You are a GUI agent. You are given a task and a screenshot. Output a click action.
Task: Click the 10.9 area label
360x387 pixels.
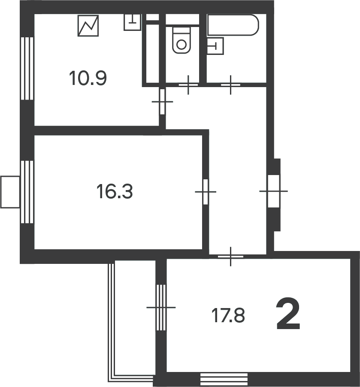tap(88, 78)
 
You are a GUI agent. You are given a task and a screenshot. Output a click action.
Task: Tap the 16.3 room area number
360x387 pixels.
tap(115, 191)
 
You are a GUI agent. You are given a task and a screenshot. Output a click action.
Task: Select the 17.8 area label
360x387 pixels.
tap(228, 315)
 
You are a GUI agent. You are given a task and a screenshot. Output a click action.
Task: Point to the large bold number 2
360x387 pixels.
tap(288, 314)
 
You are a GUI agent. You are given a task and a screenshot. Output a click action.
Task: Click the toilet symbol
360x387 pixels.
tap(182, 40)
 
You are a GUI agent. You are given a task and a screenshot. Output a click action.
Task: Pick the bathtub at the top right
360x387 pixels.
tap(233, 25)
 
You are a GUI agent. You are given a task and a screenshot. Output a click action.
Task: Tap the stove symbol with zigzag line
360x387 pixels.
tap(88, 26)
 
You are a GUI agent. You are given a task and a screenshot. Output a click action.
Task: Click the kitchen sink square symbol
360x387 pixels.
tap(132, 22)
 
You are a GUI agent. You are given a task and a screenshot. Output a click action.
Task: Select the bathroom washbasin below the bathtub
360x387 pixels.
tap(215, 46)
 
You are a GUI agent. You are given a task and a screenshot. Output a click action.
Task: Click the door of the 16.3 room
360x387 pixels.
tap(206, 192)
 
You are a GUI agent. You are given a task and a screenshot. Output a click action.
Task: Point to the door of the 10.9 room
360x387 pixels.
tap(162, 102)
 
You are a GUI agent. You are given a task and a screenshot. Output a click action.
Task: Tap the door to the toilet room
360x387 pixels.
tap(188, 85)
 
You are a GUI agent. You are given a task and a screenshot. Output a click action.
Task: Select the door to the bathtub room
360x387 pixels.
tap(230, 85)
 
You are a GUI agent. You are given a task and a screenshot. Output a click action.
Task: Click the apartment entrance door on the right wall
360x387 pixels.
tap(274, 191)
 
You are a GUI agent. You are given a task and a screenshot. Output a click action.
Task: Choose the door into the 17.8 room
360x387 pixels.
tap(230, 257)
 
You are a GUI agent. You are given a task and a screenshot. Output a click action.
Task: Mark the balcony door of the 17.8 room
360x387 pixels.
tap(161, 308)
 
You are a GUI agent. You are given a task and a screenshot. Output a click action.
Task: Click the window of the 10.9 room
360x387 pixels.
tap(27, 68)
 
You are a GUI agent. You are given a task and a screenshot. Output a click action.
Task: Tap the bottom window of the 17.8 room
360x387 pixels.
tap(224, 379)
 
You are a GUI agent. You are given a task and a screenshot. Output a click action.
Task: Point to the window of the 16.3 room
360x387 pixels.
tap(27, 192)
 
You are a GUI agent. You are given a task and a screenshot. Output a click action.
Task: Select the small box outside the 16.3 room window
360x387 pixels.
tap(10, 192)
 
